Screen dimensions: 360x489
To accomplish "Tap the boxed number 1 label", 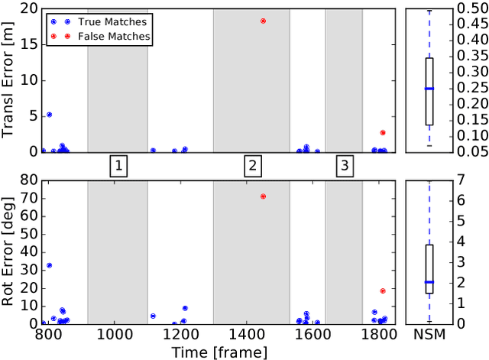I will coord(118,165).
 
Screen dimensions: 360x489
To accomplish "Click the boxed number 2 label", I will coord(253,165).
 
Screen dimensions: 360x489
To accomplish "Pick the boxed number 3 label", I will coord(345,165).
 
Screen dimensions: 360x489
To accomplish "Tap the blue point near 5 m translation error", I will coord(49,115).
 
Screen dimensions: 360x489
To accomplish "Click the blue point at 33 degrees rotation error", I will coord(49,265).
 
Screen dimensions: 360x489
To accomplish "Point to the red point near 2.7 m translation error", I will coord(383,132).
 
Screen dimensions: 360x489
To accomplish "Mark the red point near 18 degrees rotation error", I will coord(383,290).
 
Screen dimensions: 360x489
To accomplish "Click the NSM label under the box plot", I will coord(429,334).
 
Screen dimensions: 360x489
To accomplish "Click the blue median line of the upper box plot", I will coord(429,89).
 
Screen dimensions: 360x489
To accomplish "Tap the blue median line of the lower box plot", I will coord(429,282).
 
